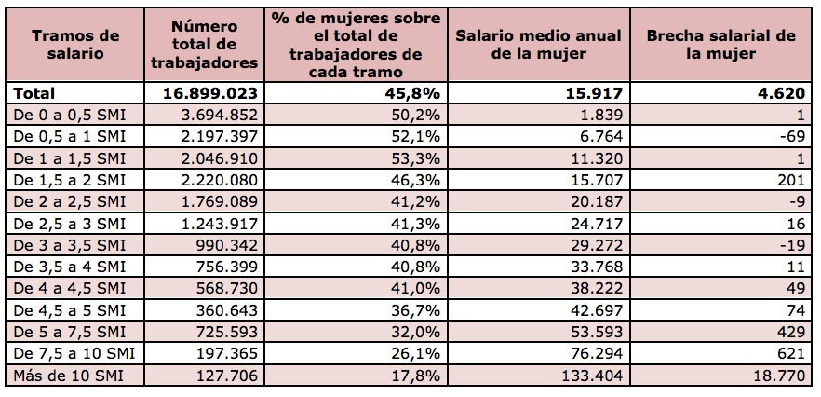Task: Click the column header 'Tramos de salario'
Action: tap(75, 45)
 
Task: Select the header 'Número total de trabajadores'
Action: tap(204, 44)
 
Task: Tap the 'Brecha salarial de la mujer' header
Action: tap(721, 45)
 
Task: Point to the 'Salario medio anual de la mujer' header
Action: tap(538, 45)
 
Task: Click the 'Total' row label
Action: tap(34, 93)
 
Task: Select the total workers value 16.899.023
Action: tap(210, 93)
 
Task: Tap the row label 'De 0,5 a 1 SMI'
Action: tap(70, 136)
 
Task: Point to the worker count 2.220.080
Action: tap(211, 180)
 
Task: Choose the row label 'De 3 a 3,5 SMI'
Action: tap(70, 245)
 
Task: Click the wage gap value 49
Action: tap(796, 289)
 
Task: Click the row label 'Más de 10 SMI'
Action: tap(69, 376)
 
